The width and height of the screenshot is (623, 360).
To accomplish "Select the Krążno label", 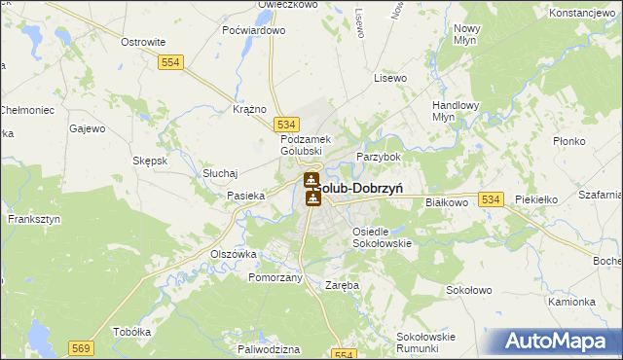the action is [x=250, y=109].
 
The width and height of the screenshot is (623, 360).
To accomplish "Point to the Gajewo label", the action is [x=88, y=127].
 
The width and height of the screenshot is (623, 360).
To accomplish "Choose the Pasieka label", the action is [x=246, y=196].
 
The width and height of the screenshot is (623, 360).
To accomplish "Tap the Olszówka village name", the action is [x=234, y=253].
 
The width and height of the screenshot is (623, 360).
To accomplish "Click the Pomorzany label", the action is [x=275, y=277].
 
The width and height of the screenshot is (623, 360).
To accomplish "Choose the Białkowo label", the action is [x=448, y=202].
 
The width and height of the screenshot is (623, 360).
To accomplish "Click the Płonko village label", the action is [x=567, y=141].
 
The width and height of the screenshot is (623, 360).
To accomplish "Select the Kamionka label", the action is [x=570, y=302].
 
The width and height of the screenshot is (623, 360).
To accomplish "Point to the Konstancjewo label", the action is [x=584, y=14].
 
